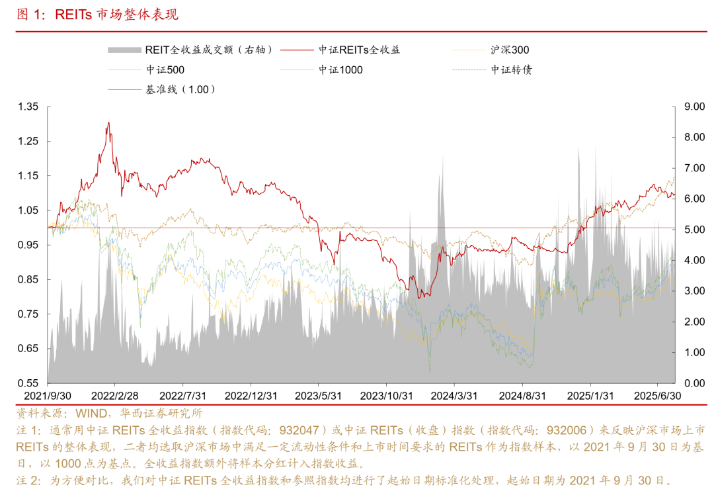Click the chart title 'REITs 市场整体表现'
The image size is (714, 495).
(x=116, y=15)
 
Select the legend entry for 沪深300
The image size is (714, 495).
(x=510, y=50)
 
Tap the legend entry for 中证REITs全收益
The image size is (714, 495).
(x=359, y=50)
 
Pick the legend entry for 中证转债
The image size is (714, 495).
(x=511, y=69)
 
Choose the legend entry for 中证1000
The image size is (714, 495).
(x=340, y=69)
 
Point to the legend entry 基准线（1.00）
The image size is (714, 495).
(x=180, y=89)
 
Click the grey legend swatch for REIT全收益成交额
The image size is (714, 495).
(x=124, y=50)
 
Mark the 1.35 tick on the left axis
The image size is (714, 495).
(x=28, y=107)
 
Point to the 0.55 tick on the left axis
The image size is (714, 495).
(x=28, y=383)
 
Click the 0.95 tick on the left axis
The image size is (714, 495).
(x=28, y=245)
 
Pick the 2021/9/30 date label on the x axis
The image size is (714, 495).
(x=48, y=396)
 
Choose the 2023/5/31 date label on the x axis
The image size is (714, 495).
(x=318, y=396)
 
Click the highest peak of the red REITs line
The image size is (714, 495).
(x=108, y=122)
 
